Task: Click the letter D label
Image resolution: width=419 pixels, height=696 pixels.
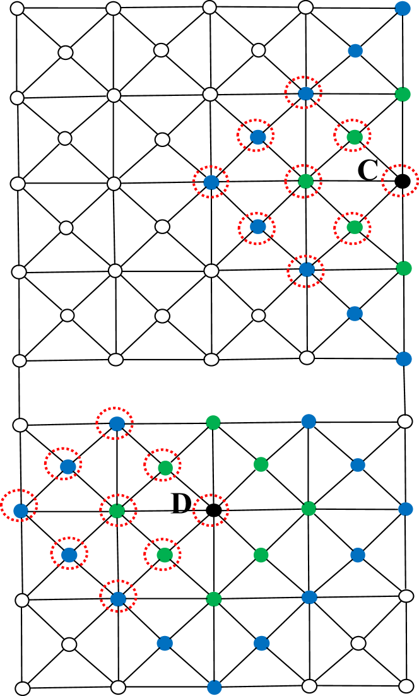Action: [x=181, y=504]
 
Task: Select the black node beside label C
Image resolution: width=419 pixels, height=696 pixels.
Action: [x=400, y=182]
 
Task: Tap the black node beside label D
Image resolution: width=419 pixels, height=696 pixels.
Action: [x=213, y=510]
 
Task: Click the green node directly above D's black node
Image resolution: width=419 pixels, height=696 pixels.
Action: [x=213, y=422]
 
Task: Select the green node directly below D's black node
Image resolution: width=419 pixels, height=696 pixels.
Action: [x=213, y=598]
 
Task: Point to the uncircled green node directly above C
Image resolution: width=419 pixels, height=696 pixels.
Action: [x=402, y=95]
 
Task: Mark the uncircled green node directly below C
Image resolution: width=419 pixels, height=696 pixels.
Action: [x=403, y=268]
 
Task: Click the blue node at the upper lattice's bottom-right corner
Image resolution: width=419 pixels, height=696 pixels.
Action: [x=403, y=359]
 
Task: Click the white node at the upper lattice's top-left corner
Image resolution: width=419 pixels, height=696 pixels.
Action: [x=18, y=9]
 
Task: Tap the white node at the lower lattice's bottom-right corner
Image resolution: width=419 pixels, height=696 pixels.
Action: [x=405, y=685]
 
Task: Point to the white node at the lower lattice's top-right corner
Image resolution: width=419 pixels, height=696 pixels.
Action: [x=404, y=421]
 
